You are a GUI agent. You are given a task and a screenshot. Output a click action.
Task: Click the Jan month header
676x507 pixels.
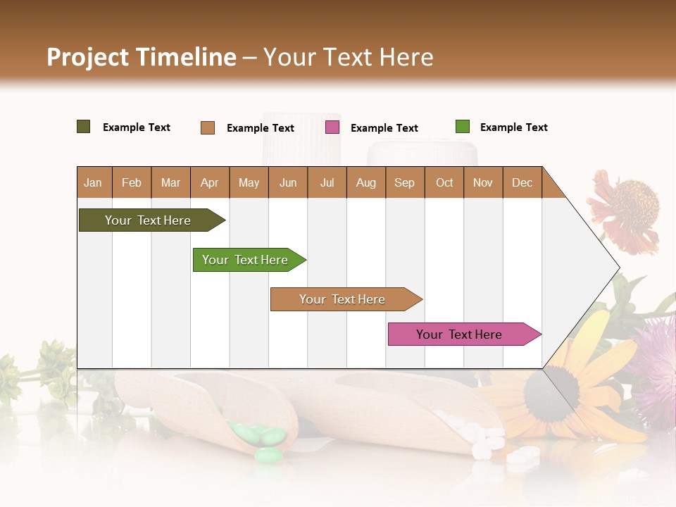click(x=93, y=182)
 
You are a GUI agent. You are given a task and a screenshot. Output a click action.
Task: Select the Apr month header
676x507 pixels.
click(x=210, y=182)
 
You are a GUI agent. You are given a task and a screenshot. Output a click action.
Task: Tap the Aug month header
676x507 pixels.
click(x=366, y=182)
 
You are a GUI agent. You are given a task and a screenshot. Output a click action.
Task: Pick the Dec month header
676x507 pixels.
click(x=522, y=182)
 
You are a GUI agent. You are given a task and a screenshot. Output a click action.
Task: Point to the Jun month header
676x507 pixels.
click(x=288, y=182)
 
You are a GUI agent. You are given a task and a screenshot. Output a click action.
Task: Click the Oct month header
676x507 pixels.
click(x=444, y=182)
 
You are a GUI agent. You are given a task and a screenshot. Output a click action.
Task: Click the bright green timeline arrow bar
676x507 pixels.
click(x=246, y=260)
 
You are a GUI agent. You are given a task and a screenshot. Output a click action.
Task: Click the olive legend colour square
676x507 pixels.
click(x=84, y=127)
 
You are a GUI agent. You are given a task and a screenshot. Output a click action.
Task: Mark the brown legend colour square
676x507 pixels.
click(x=208, y=127)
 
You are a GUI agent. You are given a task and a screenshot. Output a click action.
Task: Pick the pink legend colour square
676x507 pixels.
click(x=332, y=127)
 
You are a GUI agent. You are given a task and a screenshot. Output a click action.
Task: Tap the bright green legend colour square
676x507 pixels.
click(x=463, y=127)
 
